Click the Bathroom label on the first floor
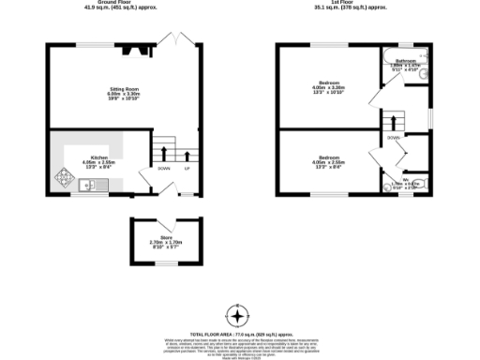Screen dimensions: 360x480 point(405,61)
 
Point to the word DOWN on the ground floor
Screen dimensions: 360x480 point(163,169)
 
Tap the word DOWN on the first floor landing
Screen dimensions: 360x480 point(394,137)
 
